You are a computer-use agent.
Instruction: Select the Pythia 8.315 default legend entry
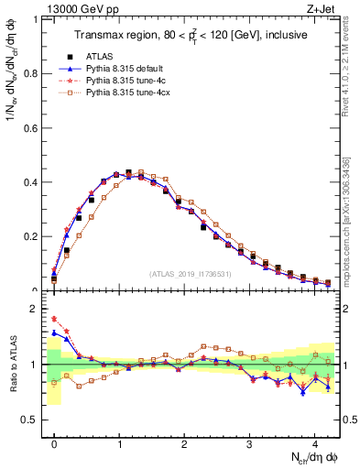click(119, 69)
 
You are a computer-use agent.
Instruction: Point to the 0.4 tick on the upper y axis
click(32, 182)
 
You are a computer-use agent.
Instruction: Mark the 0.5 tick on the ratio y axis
click(32, 420)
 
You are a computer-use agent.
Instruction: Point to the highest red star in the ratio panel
click(54, 319)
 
